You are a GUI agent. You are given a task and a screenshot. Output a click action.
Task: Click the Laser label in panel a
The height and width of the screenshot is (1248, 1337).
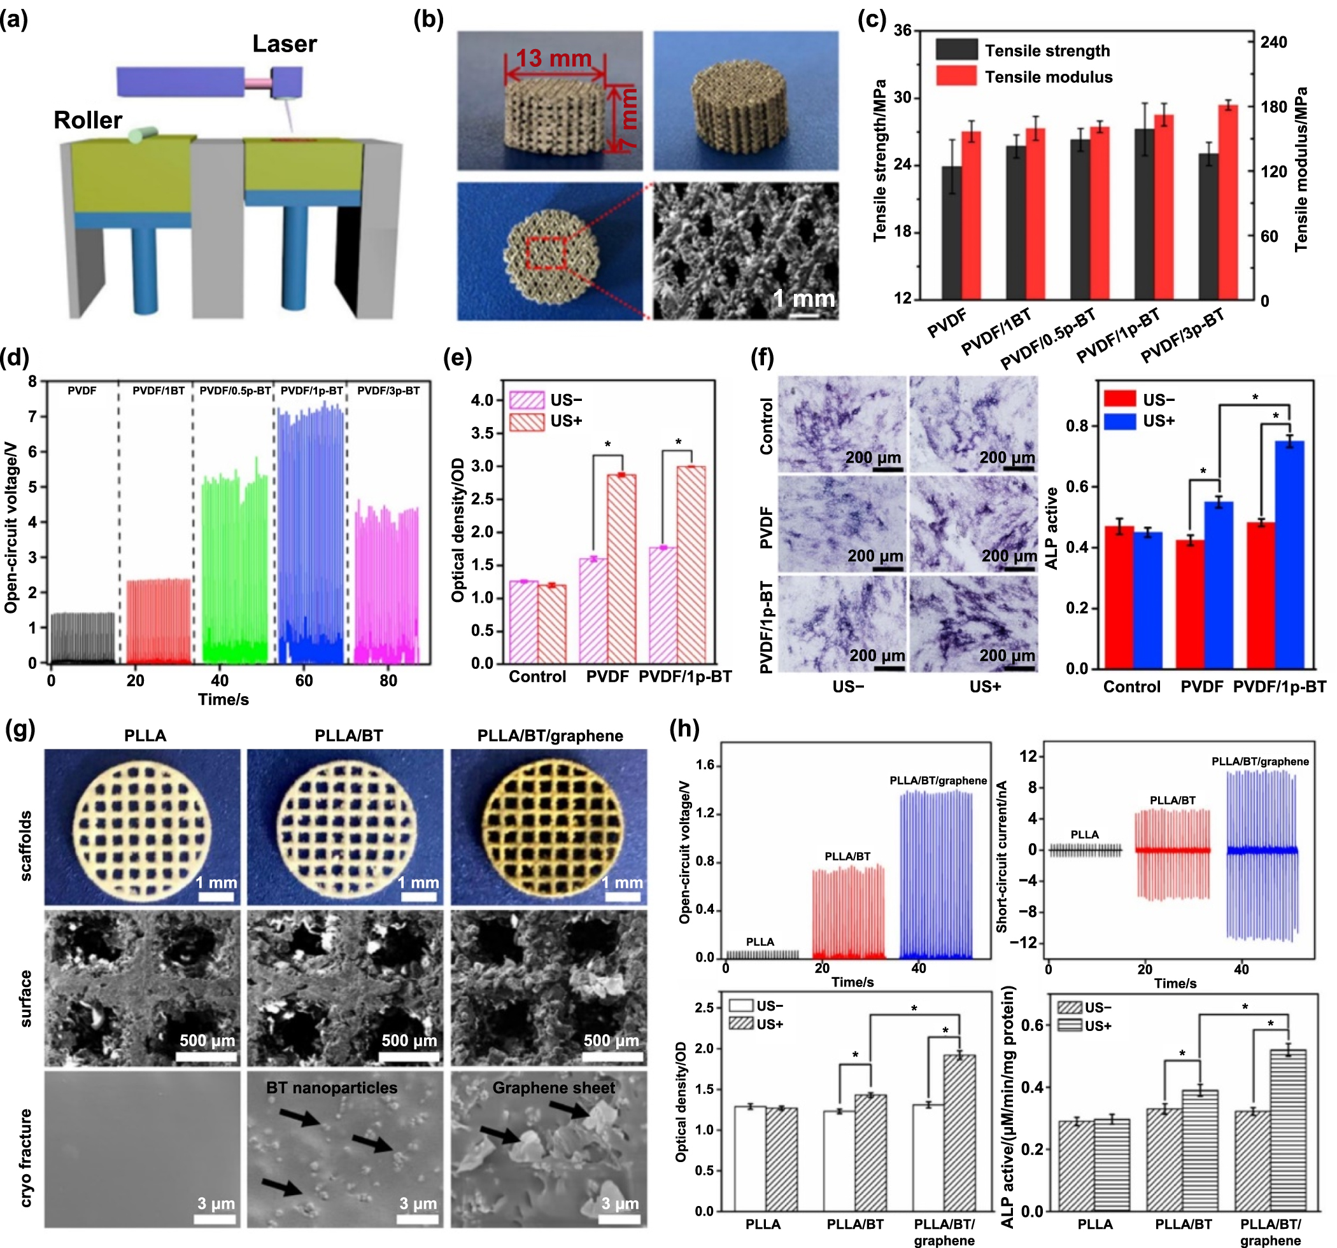click(x=284, y=44)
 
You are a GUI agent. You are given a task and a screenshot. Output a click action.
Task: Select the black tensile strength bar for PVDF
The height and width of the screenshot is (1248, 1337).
click(x=951, y=232)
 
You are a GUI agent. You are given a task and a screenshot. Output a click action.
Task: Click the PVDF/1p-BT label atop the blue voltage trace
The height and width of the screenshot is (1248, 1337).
click(x=311, y=391)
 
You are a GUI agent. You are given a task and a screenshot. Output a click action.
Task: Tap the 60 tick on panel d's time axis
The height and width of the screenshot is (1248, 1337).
click(x=304, y=680)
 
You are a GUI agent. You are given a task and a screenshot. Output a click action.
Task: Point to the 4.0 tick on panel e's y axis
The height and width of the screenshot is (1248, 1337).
click(x=482, y=400)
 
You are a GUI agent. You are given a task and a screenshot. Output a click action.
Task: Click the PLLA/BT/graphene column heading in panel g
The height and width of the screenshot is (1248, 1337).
click(x=549, y=735)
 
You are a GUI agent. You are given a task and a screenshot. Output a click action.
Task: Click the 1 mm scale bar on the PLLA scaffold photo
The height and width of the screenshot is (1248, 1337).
click(x=215, y=897)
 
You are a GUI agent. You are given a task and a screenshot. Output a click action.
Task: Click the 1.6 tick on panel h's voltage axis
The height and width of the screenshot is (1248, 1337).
click(x=704, y=765)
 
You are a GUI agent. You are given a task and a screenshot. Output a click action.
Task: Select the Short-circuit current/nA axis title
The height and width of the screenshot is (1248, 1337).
click(x=1001, y=856)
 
